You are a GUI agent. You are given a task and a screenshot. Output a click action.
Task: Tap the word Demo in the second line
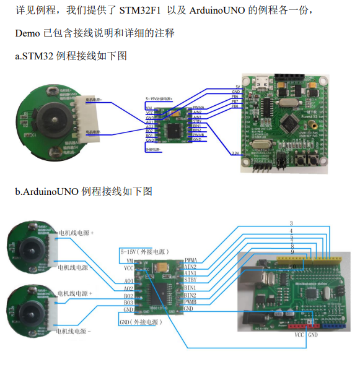point(27,33)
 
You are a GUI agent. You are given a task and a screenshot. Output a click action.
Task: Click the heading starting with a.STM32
point(71,56)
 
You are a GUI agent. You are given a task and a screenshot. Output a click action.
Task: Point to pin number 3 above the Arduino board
point(291,223)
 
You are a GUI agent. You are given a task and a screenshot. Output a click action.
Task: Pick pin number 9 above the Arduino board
point(291,252)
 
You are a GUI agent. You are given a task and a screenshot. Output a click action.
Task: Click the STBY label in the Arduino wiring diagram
point(191,279)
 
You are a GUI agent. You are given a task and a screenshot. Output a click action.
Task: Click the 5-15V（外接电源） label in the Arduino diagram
point(143,252)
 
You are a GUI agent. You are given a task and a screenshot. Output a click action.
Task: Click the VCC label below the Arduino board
point(299,334)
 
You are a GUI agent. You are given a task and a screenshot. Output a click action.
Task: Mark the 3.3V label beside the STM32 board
point(235,153)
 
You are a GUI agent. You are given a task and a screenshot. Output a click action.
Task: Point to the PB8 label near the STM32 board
point(235,106)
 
